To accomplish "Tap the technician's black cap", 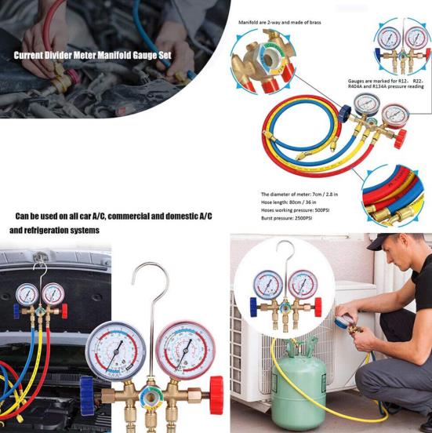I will click(x=390, y=242).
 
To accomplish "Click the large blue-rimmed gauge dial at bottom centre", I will click(x=117, y=351).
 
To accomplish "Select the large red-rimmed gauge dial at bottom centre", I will click(x=185, y=348).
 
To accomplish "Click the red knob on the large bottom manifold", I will click(x=216, y=387).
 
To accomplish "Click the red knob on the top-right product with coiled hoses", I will click(x=401, y=139).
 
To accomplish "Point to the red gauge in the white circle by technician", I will click(x=301, y=283).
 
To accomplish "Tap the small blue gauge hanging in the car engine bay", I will click(x=27, y=294).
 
